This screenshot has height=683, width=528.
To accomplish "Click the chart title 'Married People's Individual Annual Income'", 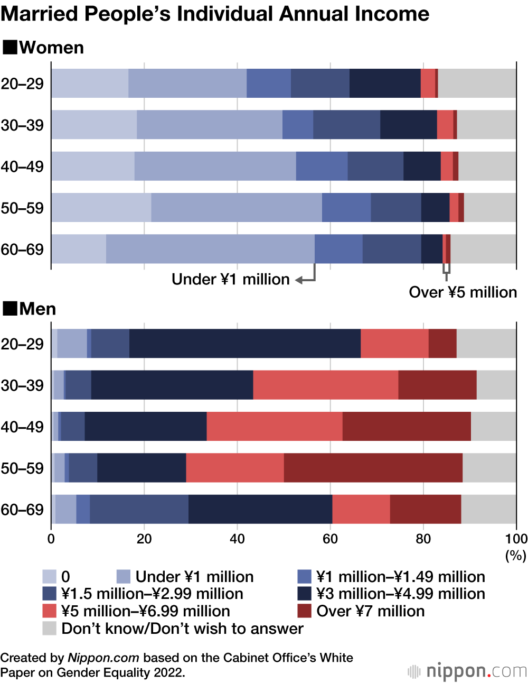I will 215,14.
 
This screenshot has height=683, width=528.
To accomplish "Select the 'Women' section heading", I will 51,48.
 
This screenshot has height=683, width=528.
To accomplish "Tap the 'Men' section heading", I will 37,309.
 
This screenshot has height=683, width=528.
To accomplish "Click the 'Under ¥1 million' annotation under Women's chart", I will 230,279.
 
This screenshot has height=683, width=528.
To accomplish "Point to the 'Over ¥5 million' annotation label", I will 463,292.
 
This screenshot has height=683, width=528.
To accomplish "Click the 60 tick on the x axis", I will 331,539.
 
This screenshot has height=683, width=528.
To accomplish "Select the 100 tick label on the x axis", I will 516,539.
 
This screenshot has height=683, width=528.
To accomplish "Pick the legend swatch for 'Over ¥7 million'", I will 304,611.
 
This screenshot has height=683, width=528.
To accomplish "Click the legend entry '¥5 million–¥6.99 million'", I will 145,611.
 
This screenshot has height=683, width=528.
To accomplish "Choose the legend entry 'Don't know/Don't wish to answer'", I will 182,629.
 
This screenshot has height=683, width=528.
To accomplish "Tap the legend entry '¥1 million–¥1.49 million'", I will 400,577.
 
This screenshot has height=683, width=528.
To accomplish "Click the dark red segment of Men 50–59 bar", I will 373,468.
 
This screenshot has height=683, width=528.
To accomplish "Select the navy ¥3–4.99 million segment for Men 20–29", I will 244,344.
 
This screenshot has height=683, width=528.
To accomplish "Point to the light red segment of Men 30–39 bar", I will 325,385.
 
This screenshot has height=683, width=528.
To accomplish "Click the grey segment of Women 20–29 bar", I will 477,83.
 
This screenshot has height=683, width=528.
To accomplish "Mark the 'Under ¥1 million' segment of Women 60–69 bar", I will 210,249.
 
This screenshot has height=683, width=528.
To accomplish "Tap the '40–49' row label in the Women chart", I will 22,167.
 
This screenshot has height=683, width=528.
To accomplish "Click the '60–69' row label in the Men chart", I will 22,510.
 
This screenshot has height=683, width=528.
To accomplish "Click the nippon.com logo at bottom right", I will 467,671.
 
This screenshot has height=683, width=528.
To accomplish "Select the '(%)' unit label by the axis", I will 515,556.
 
